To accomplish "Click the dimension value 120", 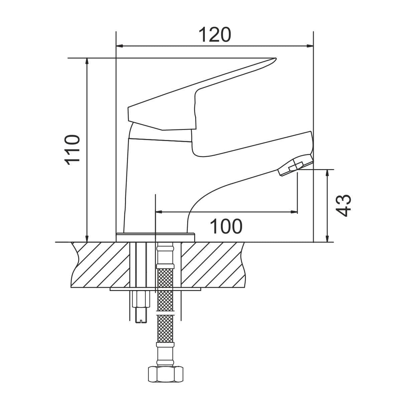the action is (215, 34).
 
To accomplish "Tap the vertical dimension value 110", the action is (72, 150).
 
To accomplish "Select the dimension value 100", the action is (226, 227).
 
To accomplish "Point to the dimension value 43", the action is (344, 206).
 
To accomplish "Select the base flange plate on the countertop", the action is (155, 238).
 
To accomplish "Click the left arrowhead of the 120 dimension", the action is (119, 46).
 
